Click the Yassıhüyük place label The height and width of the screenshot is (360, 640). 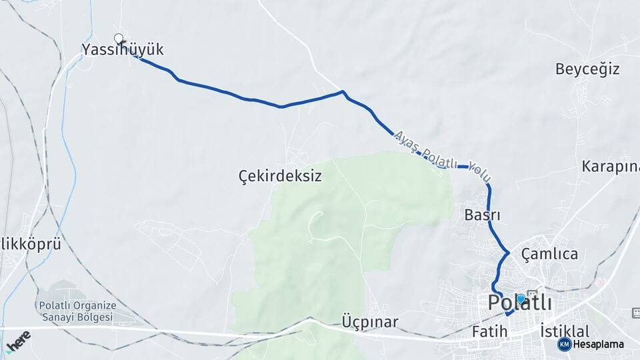pos(122,49)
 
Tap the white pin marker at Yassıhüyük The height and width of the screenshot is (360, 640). pos(119,38)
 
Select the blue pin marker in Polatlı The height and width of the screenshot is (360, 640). pos(521,299)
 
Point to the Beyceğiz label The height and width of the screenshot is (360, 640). pos(587,69)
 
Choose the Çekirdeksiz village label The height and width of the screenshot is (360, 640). pos(280,176)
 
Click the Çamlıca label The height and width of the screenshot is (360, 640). pos(549,254)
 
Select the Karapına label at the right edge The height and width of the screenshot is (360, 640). pos(610,166)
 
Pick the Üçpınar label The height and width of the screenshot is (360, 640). pos(370,323)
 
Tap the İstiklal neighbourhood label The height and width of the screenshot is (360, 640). pos(565,331)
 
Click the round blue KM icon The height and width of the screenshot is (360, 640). pos(564,344)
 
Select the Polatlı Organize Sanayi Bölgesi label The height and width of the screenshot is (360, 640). pos(76,311)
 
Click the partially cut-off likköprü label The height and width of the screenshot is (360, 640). pos(31,244)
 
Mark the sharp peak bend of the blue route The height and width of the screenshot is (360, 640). pos(343,91)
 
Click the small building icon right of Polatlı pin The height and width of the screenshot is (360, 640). pos(532,293)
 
